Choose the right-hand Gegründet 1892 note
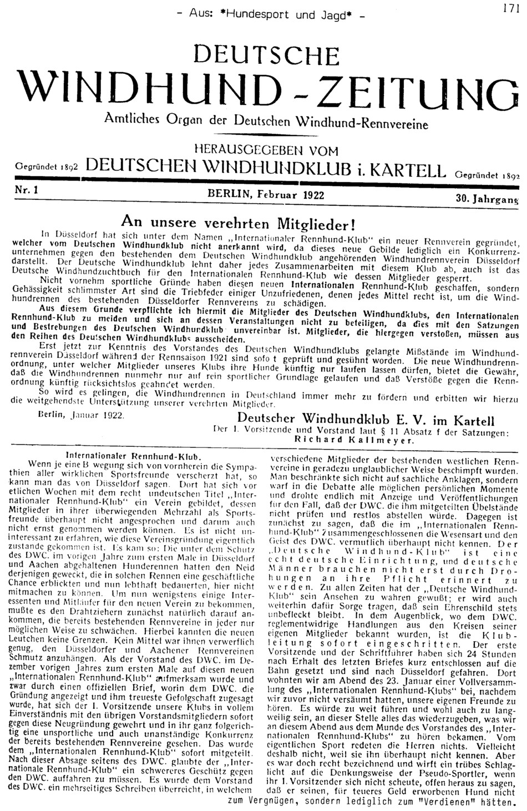[487, 173]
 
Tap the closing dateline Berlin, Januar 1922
[84, 414]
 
